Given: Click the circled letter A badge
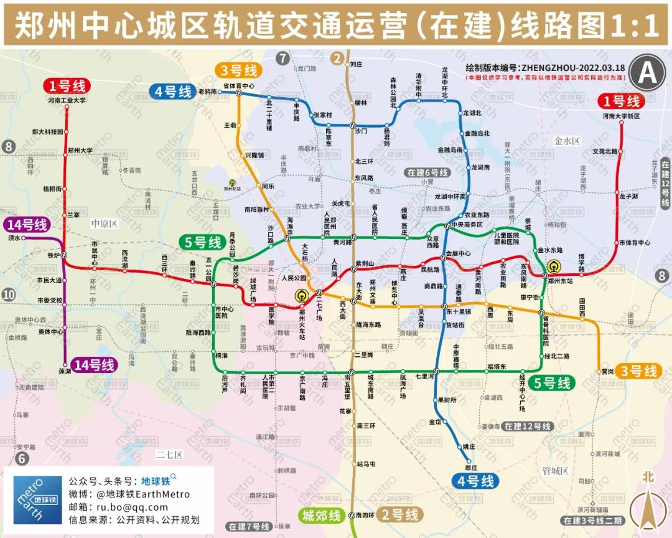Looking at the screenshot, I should coord(647,73).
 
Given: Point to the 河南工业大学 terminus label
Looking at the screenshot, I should coord(67,100).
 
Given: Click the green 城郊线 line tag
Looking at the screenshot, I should coord(321,516).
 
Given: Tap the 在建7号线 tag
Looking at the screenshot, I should coord(248,527).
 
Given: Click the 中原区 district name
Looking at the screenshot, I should coord(104,223).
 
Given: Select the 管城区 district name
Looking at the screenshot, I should coord(555,471).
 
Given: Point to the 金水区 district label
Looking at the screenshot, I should coord(567,141).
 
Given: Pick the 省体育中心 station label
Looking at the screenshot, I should coord(239,85).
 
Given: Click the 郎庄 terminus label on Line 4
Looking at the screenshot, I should coord(471,467).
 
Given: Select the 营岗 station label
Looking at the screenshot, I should coord(607,372).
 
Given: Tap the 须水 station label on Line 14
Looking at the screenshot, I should coord(14,238).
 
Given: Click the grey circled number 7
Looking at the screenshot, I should coord(284,59).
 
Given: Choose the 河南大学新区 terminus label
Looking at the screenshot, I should coord(620,116).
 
